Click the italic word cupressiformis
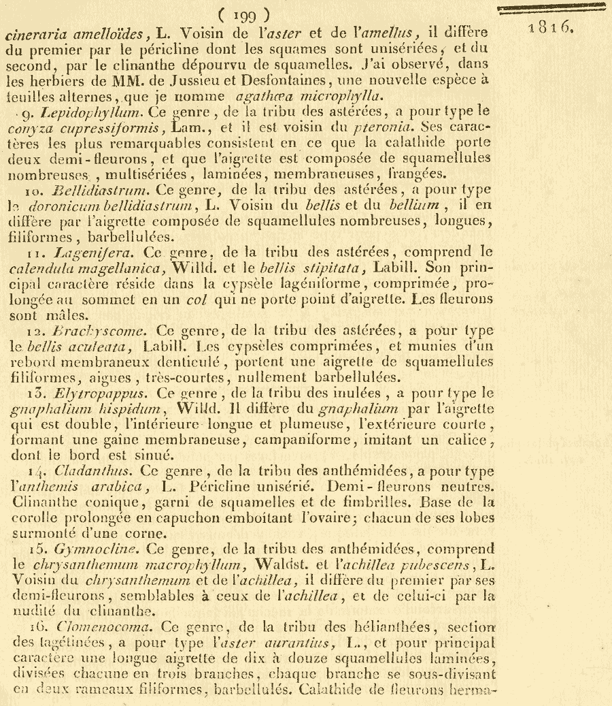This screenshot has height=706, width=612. coord(114,127)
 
